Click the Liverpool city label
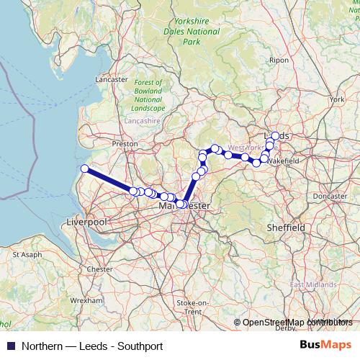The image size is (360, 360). [x=86, y=222]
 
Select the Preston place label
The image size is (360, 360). [x=125, y=144]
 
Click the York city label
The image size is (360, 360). [x=336, y=99]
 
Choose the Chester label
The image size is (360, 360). [x=100, y=269]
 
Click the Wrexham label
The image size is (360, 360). [x=86, y=300]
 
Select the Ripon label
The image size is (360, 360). [x=279, y=60]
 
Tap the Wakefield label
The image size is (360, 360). [x=282, y=161]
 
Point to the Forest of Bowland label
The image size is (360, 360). [x=148, y=95]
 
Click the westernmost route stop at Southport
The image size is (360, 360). [x=84, y=168]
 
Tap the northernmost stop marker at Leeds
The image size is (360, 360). [x=275, y=135]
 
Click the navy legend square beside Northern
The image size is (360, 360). [x=10, y=346]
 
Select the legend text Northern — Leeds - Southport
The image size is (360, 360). [x=92, y=346]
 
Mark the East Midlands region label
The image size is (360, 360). [x=313, y=285]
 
